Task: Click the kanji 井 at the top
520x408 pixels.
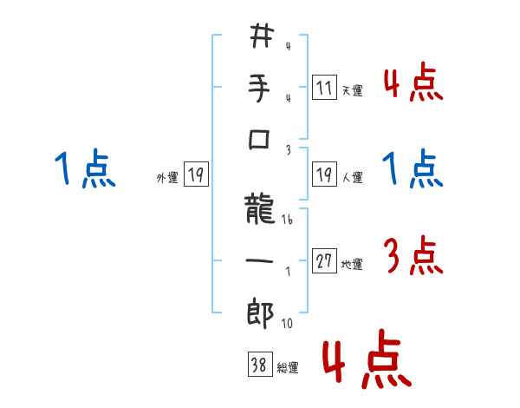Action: coord(261,36)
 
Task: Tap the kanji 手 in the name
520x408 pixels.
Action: coord(261,88)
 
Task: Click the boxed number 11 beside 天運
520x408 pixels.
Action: coord(324,87)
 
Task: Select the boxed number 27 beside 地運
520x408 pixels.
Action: coord(324,260)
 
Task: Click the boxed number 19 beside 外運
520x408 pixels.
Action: coord(196,174)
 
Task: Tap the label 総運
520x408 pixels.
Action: coord(288,368)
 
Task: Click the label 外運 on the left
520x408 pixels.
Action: coord(167,178)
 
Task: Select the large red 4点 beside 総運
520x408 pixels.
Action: coord(367,363)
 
